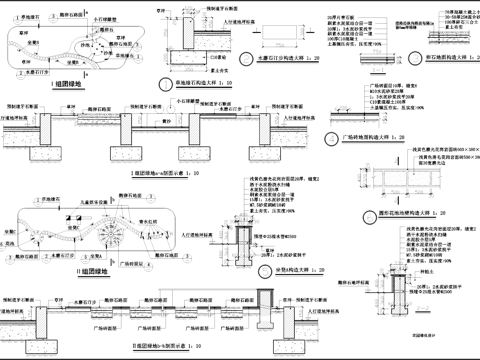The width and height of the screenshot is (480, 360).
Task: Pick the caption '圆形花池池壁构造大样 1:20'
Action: [x=400, y=213]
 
